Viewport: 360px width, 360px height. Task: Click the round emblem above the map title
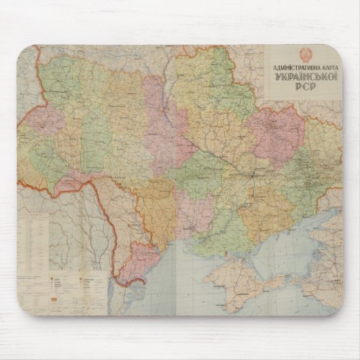coord(304,56)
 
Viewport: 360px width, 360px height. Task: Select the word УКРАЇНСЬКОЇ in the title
coord(303,79)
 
